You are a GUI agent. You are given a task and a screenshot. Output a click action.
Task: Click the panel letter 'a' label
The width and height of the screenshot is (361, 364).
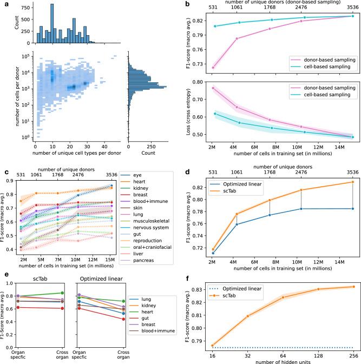click(5, 4)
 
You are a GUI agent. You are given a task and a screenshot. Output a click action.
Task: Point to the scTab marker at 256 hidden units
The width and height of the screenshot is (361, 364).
click(353, 287)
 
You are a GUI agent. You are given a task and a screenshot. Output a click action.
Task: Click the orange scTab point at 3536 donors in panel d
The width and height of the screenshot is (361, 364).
click(353, 182)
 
